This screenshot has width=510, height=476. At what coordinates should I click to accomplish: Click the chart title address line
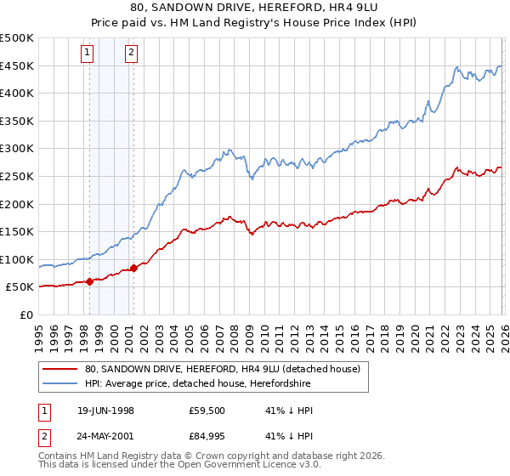254,8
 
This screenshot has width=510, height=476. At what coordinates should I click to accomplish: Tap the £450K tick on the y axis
17,66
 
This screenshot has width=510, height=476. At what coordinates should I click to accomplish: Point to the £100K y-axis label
17,259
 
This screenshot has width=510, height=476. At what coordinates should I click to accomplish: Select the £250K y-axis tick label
17,176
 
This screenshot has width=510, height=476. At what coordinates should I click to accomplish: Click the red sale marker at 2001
133,268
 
